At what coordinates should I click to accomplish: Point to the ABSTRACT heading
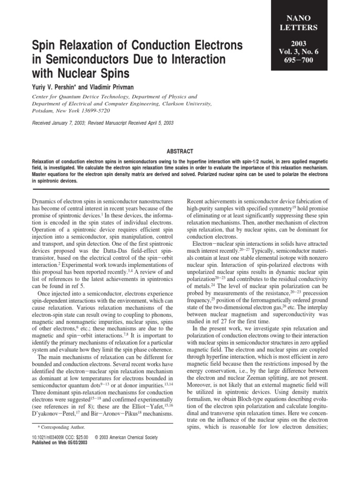click(180, 152)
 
